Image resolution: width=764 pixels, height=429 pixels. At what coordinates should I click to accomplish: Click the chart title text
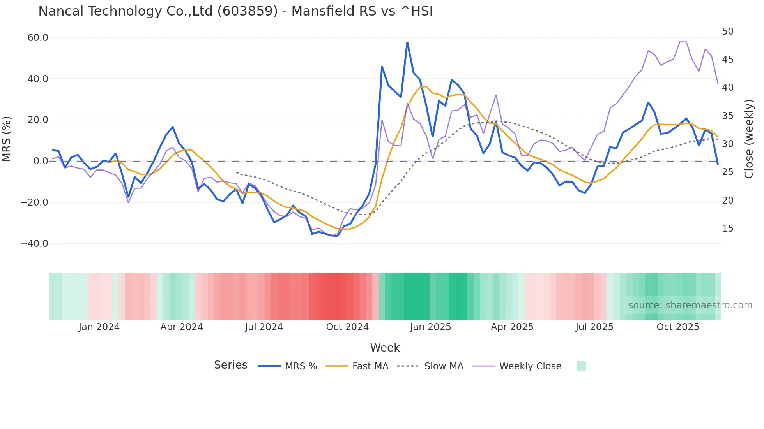pyautogui.click(x=235, y=11)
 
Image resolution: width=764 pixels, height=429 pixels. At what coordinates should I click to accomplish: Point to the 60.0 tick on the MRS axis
pyautogui.click(x=38, y=38)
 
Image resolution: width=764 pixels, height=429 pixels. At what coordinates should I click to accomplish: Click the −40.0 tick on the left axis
pyautogui.click(x=34, y=244)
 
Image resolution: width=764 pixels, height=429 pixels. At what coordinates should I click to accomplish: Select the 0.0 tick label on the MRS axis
pyautogui.click(x=41, y=161)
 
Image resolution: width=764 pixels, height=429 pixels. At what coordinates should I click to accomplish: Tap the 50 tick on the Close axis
pyautogui.click(x=727, y=32)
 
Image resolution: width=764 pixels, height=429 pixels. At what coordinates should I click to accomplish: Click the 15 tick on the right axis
pyautogui.click(x=727, y=229)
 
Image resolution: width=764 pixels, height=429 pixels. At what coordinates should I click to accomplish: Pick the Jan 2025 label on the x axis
pyautogui.click(x=430, y=327)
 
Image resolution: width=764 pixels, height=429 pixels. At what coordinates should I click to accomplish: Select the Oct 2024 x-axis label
pyautogui.click(x=347, y=327)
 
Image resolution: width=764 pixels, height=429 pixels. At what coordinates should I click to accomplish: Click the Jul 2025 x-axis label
pyautogui.click(x=594, y=327)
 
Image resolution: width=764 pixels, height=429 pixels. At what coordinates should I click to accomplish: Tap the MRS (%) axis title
pyautogui.click(x=7, y=139)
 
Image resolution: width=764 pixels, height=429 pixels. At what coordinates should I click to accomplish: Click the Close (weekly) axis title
pyautogui.click(x=748, y=139)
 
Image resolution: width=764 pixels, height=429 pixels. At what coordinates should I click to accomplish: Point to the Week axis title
pyautogui.click(x=385, y=348)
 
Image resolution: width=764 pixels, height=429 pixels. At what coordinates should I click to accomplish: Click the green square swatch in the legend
pyautogui.click(x=581, y=366)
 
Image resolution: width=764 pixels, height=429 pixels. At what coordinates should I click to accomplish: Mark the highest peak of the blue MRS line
pyautogui.click(x=407, y=42)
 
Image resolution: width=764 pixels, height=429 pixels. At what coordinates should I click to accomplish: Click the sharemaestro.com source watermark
pyautogui.click(x=690, y=305)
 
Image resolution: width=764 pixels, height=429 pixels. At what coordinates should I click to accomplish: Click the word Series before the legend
pyautogui.click(x=230, y=365)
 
